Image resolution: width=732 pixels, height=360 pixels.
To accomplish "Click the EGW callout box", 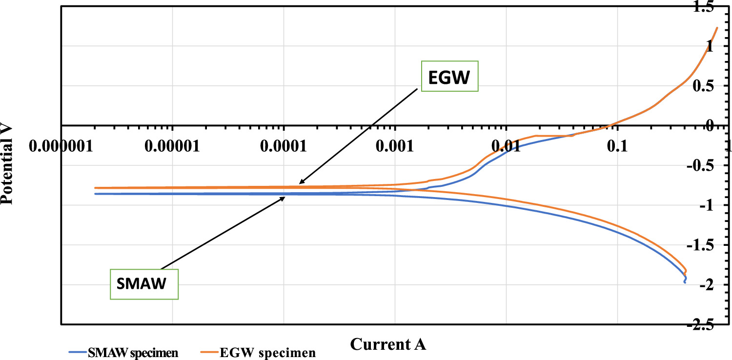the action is pyautogui.click(x=449, y=76).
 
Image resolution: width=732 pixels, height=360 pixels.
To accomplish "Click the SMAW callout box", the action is pyautogui.click(x=143, y=284).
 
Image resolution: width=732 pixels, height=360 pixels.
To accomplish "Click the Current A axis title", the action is pyautogui.click(x=388, y=344).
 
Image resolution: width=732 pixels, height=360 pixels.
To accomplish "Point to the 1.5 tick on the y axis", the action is pyautogui.click(x=718, y=6).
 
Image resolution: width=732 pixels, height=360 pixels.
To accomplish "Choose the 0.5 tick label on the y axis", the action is pyautogui.click(x=718, y=86).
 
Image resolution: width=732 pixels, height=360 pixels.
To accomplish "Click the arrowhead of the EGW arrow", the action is pyautogui.click(x=300, y=183).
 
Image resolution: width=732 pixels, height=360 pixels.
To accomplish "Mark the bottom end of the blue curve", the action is pyautogui.click(x=685, y=282).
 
